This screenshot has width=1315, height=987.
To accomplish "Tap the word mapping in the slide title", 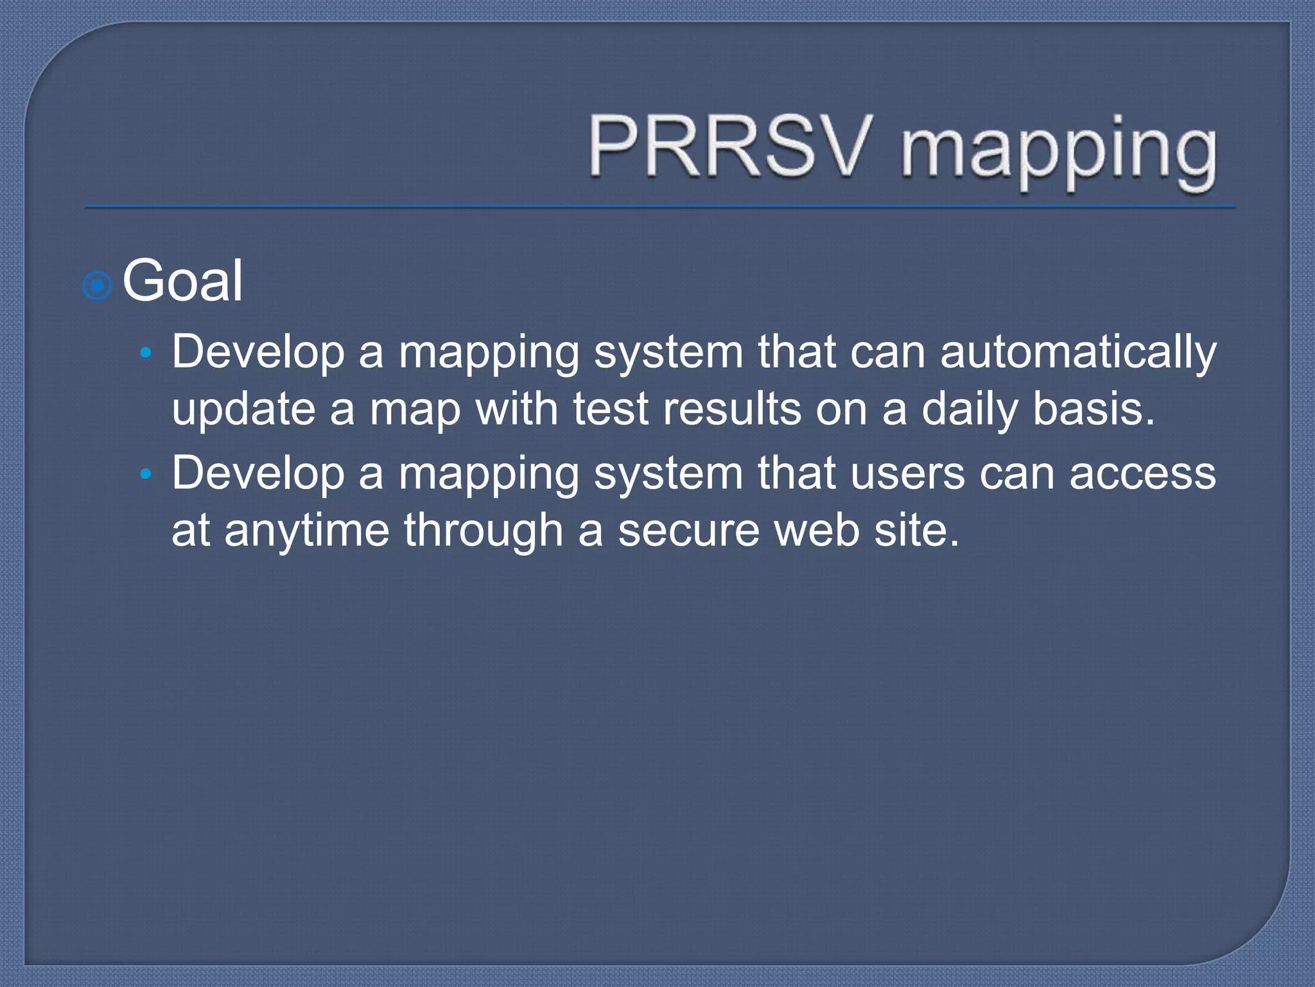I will click(1058, 152).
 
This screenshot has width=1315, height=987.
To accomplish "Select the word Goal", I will click(182, 281).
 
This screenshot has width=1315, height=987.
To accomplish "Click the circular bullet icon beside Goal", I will click(98, 285).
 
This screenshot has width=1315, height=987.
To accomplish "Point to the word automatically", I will click(1078, 354).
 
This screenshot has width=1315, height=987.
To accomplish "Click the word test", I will click(611, 409).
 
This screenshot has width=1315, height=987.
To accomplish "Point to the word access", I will click(1142, 474).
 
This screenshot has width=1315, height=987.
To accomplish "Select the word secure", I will click(688, 531).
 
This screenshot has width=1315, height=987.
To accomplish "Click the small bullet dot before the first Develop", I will click(146, 353).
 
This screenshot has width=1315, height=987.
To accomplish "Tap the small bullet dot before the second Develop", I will click(146, 474).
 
